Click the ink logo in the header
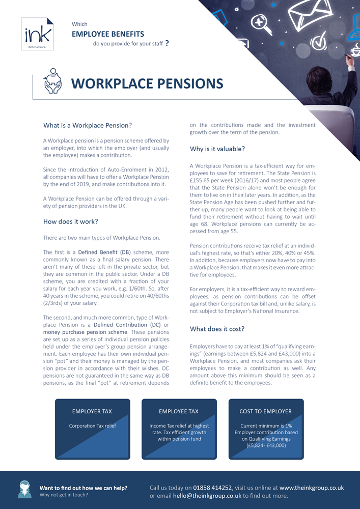(37, 34)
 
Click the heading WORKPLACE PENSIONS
(147, 83)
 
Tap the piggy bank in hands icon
(52, 81)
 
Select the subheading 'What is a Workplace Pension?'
(88, 125)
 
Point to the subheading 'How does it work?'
(71, 221)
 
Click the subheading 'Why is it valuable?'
(217, 149)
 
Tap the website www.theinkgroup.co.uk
(312, 488)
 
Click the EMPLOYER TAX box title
(92, 411)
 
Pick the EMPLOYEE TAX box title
(179, 411)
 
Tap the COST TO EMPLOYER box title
(266, 411)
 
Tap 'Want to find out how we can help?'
(84, 488)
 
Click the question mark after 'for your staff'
(167, 43)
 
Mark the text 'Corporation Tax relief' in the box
(92, 426)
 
